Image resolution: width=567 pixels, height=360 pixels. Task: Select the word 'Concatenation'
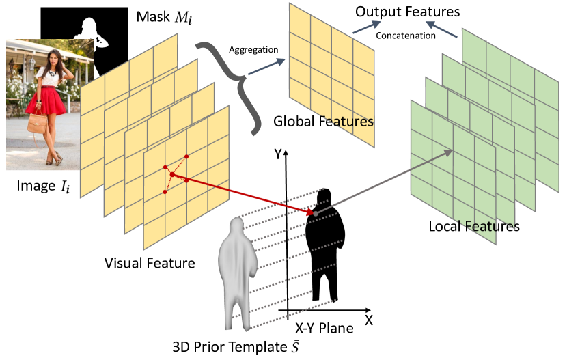406,35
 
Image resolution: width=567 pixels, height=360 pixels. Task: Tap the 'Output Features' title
408,12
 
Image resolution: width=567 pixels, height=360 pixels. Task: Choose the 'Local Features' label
473,225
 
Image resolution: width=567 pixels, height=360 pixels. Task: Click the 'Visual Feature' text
150,262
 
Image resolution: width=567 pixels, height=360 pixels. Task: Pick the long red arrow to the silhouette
246,195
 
